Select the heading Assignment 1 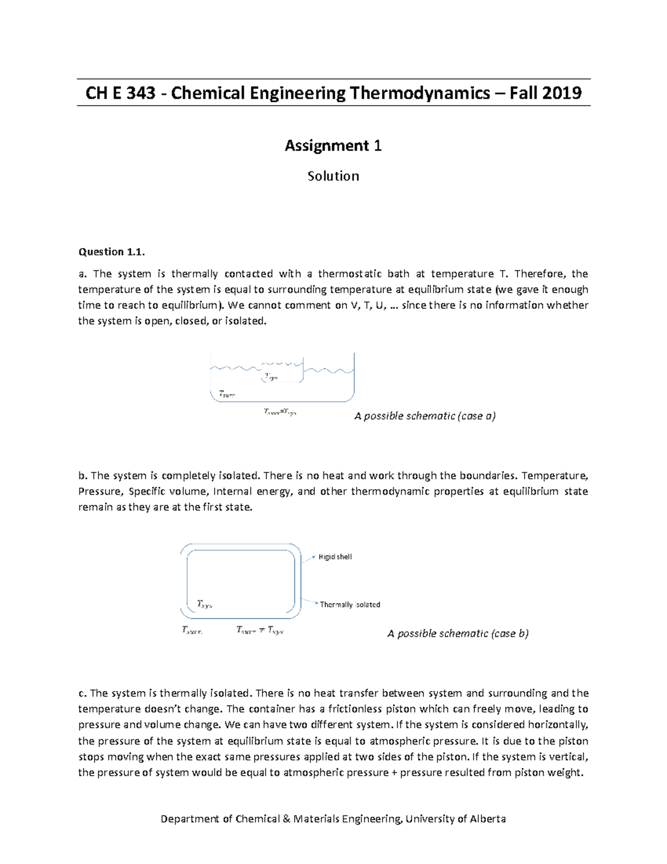click(x=333, y=146)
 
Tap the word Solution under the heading click(x=333, y=176)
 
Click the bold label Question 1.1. click(x=111, y=252)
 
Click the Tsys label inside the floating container click(x=271, y=377)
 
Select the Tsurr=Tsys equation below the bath click(x=280, y=412)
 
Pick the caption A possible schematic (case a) click(x=425, y=416)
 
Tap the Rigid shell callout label click(x=335, y=557)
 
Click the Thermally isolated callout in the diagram click(x=350, y=605)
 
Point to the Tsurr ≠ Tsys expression click(x=260, y=630)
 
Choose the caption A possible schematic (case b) click(x=457, y=634)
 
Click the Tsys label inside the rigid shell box click(x=205, y=604)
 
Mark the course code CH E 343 click(x=120, y=93)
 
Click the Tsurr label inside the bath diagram click(x=227, y=394)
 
